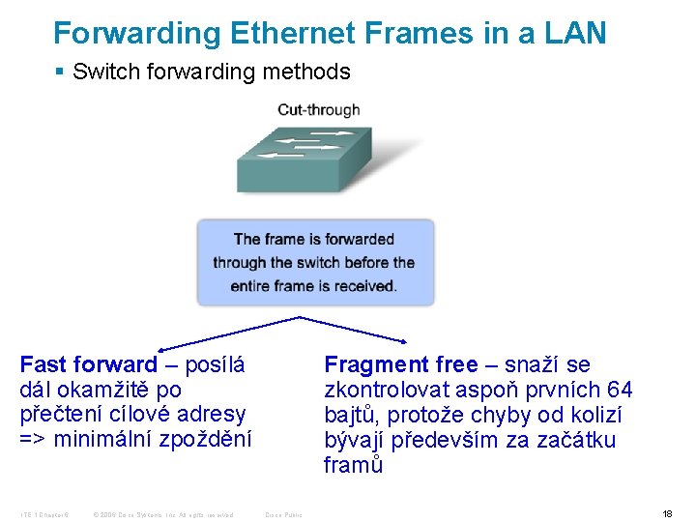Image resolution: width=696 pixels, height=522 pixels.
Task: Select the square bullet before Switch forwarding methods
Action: [x=59, y=72]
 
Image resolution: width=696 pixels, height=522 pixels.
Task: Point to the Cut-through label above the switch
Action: [x=318, y=109]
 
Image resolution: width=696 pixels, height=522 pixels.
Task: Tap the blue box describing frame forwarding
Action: [x=315, y=262]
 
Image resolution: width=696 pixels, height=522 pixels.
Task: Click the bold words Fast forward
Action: [x=88, y=364]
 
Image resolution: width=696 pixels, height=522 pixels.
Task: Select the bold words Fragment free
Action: [x=401, y=364]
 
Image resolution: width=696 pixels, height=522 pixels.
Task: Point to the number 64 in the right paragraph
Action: [x=619, y=390]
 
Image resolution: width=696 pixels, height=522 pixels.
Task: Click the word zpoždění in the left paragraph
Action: [x=204, y=440]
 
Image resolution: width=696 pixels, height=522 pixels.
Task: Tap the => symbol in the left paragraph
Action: [x=33, y=440]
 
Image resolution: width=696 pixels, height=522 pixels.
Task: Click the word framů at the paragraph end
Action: [x=353, y=465]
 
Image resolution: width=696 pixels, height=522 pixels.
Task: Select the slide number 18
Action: [x=667, y=513]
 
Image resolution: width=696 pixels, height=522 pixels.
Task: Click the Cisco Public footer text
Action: [x=283, y=514]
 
